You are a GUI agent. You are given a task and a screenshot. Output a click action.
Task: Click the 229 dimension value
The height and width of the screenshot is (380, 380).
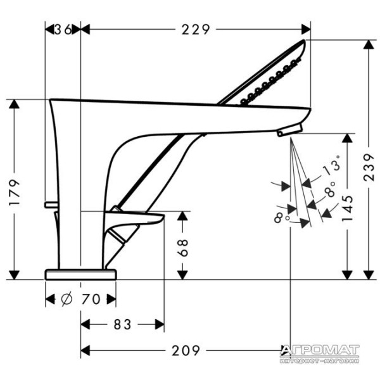coord(196,30)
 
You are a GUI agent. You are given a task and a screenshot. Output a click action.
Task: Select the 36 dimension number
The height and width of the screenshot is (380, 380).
coord(63,30)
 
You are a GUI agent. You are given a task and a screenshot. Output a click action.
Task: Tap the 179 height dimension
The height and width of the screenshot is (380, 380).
coord(15,193)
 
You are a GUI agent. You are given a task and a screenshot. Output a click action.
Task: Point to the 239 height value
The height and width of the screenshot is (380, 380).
coord(369,167)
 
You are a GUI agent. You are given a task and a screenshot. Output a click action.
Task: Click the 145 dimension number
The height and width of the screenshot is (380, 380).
coord(347,208)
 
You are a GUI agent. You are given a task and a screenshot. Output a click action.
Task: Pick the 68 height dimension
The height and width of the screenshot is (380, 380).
coord(182,248)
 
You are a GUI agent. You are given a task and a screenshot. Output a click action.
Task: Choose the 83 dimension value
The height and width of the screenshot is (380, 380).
coord(122,324)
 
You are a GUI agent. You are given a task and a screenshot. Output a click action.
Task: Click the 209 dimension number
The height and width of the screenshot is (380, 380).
coord(186,350)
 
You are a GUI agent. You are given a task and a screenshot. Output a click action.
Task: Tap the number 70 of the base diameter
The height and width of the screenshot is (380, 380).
coord(91,299)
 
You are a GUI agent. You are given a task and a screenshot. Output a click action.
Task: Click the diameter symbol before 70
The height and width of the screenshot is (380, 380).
coord(66,299)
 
